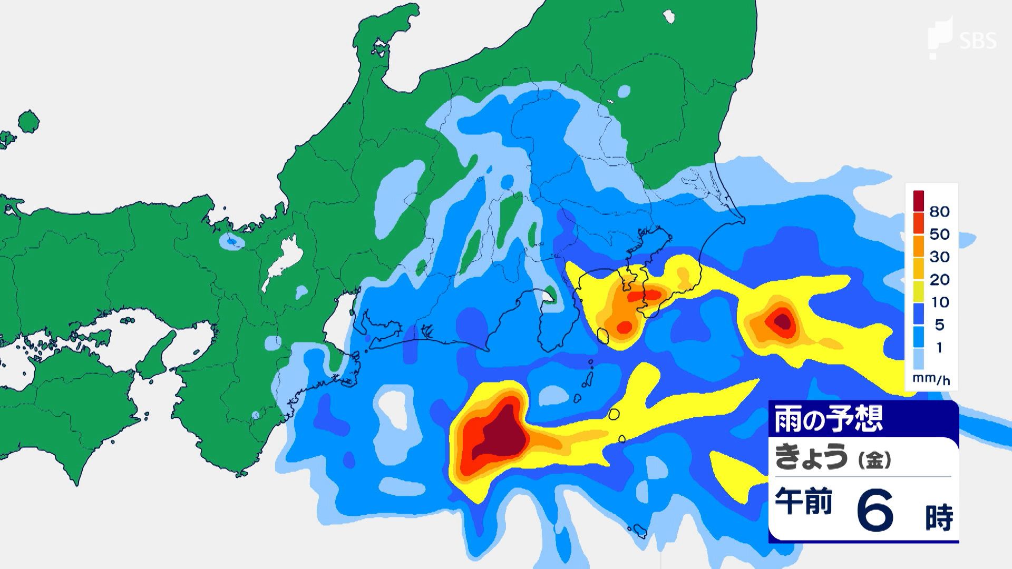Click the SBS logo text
(x=978, y=41)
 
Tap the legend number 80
(x=939, y=212)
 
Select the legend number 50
(x=939, y=234)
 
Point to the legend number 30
(x=939, y=257)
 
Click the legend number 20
(x=939, y=280)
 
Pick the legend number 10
(x=939, y=302)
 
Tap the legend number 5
(x=939, y=325)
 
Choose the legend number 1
(x=939, y=348)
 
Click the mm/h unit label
(x=931, y=379)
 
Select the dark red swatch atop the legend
(x=918, y=200)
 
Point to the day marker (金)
(x=874, y=460)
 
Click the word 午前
(x=803, y=501)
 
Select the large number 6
(x=875, y=510)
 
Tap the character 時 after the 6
(x=939, y=517)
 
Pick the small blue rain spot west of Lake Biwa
(x=231, y=241)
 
